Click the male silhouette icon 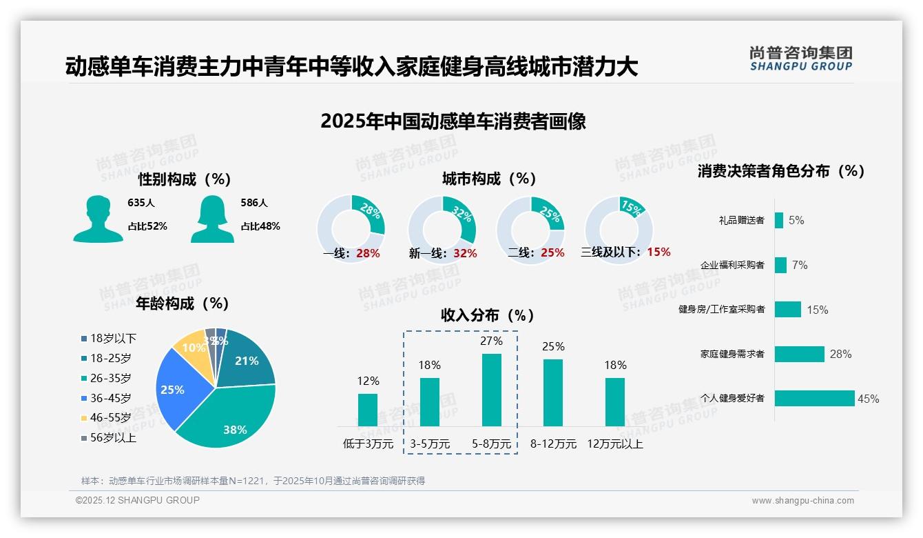pos(98,219)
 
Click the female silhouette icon pos(212,219)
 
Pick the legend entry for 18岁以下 pos(109,338)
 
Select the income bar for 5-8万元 pos(491,390)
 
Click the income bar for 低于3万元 pos(368,410)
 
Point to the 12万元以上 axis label pos(614,444)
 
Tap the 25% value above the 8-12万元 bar pos(553,346)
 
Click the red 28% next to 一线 pos(368,253)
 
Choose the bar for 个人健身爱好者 pos(814,398)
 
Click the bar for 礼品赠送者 pos(778,220)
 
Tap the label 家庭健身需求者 pos(732,355)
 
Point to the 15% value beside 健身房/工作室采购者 pos(817,310)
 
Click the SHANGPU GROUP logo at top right pos(800,58)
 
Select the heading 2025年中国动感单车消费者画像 pos(453,121)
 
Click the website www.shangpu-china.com pos(802,501)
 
